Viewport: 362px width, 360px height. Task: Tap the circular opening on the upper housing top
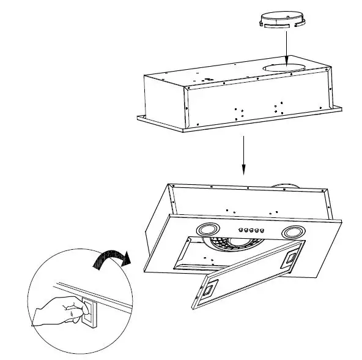(x=284, y=63)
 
